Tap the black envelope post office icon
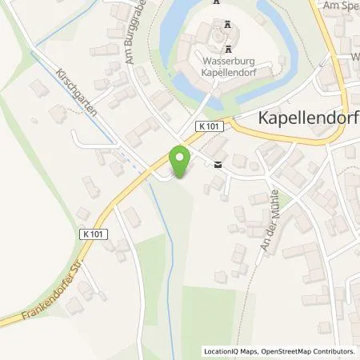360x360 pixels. tap(218, 166)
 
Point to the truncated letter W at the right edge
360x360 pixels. tap(354, 58)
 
